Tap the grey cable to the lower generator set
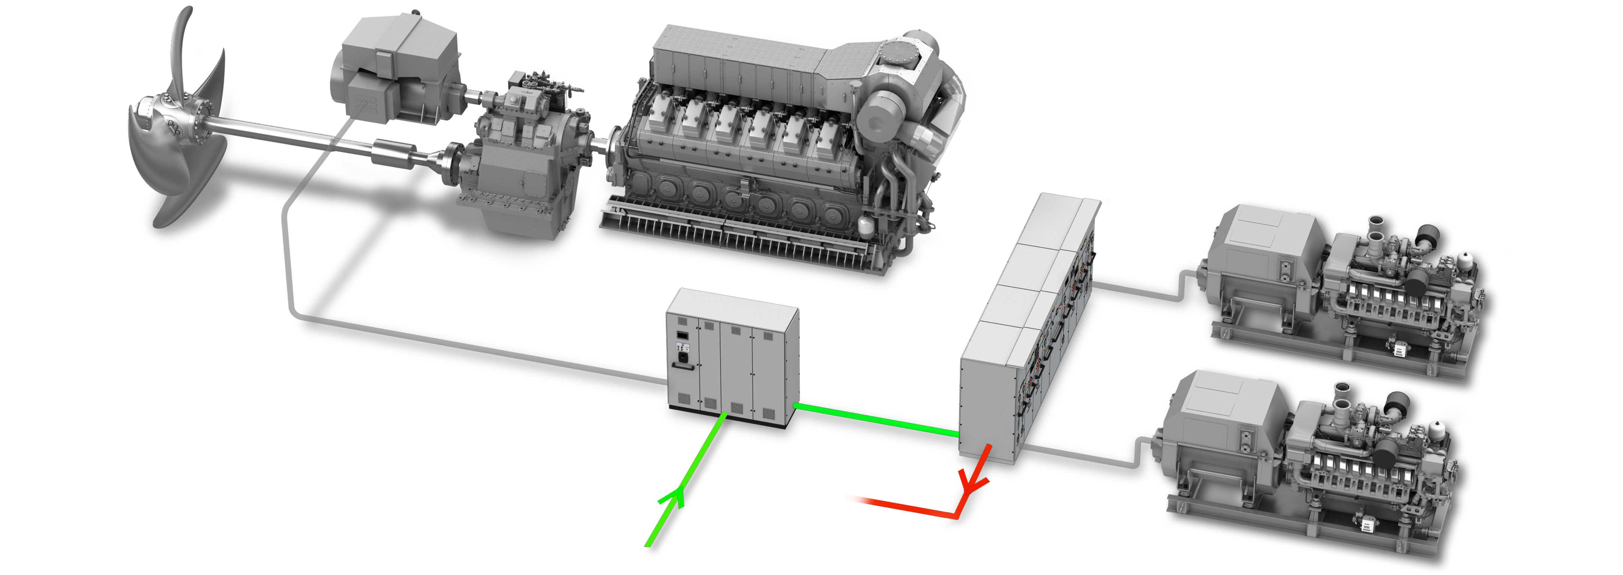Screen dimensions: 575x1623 coord(1084,458)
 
